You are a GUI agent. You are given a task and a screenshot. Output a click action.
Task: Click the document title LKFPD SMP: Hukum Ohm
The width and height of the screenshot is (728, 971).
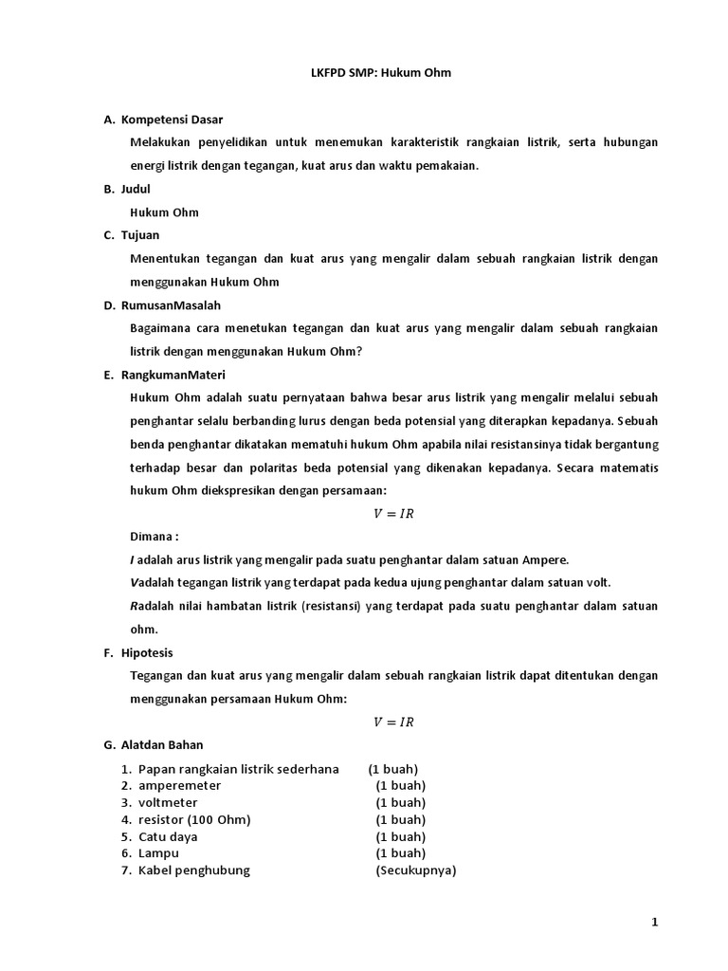tap(365, 73)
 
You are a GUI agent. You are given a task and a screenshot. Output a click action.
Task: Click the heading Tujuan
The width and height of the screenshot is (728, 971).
tap(140, 235)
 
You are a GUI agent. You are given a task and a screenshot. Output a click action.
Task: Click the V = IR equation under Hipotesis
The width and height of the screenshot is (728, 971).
tap(393, 722)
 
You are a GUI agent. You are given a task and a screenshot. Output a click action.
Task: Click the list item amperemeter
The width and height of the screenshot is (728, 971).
tap(179, 785)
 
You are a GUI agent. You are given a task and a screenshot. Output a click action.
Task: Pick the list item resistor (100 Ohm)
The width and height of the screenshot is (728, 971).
tap(194, 819)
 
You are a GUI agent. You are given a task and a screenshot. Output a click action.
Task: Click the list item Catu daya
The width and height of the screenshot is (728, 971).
tap(168, 836)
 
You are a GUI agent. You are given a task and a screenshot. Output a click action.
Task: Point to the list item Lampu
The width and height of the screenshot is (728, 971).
tap(158, 853)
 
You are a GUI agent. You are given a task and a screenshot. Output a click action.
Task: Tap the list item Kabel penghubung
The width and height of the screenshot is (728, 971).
tap(193, 870)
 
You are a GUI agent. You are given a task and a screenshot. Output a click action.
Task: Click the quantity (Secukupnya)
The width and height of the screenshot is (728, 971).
tap(415, 870)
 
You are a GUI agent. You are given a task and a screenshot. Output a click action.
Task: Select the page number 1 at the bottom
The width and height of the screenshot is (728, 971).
tap(654, 922)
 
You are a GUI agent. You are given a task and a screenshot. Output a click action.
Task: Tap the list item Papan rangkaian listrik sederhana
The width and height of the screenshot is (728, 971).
tap(238, 768)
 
